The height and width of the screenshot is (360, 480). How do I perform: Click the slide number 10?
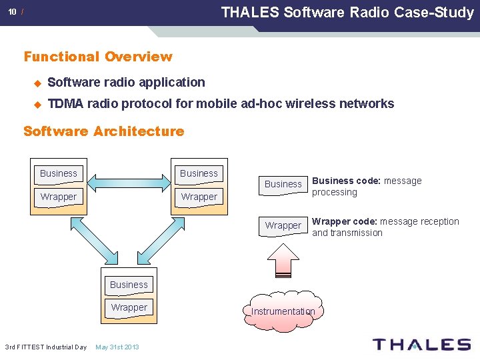pos(13,12)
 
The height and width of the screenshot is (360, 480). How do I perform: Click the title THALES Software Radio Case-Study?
pos(347,12)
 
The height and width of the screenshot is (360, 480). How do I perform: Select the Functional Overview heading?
pos(98,57)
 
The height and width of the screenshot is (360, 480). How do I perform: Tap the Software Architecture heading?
pos(103,131)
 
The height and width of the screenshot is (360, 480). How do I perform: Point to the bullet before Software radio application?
pos(37,83)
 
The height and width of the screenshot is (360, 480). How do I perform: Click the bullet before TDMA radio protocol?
pos(37,104)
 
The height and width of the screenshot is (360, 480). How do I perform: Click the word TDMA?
pos(65,103)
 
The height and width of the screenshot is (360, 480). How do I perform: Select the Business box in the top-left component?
pos(59,173)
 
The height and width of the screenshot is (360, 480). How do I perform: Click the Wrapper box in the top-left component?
pos(59,197)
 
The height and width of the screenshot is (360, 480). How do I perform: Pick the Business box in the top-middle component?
pos(199,173)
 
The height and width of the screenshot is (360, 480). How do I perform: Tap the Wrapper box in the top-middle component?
pos(199,197)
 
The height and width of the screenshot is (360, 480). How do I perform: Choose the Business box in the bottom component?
pos(129,285)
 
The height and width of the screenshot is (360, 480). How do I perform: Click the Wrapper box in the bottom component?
pos(129,307)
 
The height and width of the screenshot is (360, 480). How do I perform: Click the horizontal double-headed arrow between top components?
pos(129,180)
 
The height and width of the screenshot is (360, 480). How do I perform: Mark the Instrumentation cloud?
pos(283,311)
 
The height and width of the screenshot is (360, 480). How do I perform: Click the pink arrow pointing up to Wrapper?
pos(283,259)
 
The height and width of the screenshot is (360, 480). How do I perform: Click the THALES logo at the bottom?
pos(421,344)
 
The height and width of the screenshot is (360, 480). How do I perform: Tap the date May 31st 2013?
pos(117,347)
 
